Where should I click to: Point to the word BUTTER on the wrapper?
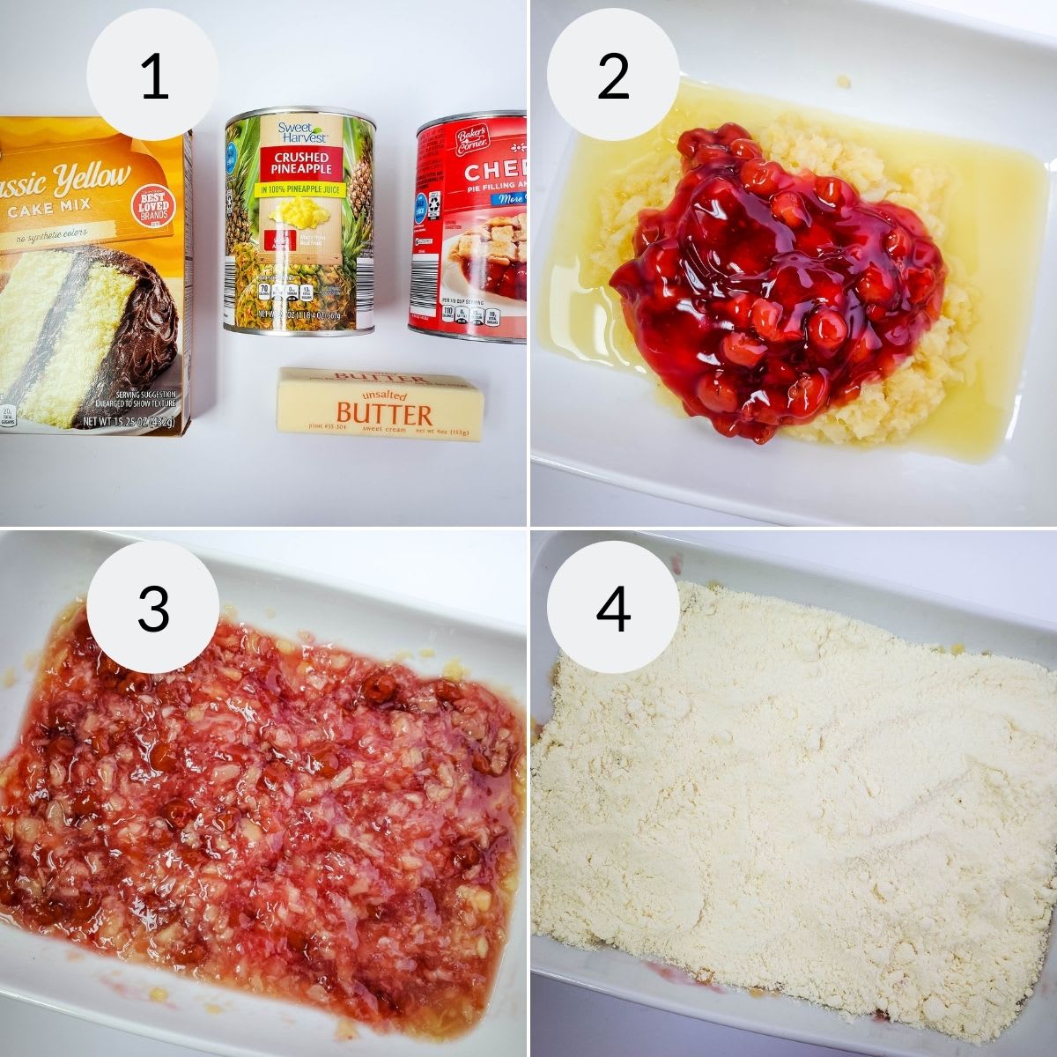(384, 414)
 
